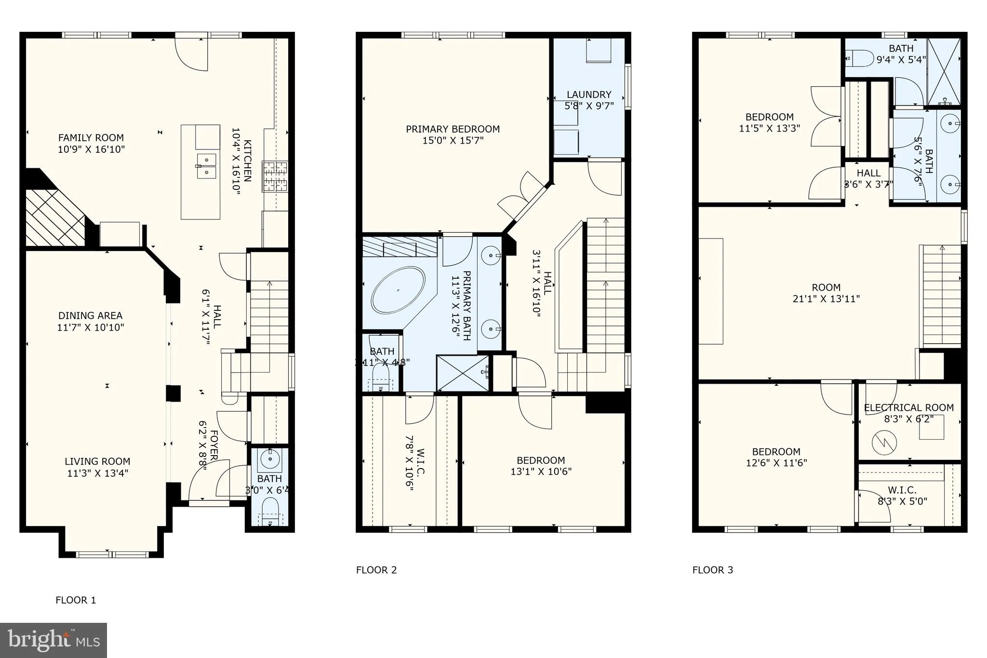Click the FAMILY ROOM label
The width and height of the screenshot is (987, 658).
(91, 138)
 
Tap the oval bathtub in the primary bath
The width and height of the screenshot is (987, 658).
(398, 290)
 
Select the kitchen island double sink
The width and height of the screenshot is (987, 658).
(206, 165)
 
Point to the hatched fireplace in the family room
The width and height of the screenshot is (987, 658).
(54, 216)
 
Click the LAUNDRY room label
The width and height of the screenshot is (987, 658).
(589, 94)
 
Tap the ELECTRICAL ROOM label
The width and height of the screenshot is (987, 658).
(908, 408)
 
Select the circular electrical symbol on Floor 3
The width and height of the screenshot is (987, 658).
(884, 442)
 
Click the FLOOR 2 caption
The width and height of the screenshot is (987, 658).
(376, 570)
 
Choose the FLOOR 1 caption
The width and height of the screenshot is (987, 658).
(76, 600)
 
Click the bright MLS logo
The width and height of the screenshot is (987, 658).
(53, 640)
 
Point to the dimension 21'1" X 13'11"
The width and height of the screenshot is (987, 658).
(826, 299)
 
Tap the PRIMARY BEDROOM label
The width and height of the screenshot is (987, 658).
(453, 129)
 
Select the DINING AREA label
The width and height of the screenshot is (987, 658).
(90, 316)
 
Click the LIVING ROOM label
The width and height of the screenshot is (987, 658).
(97, 461)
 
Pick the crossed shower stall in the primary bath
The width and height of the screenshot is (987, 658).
(462, 373)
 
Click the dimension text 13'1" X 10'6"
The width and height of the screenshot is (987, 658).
(541, 472)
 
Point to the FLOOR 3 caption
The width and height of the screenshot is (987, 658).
(712, 570)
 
